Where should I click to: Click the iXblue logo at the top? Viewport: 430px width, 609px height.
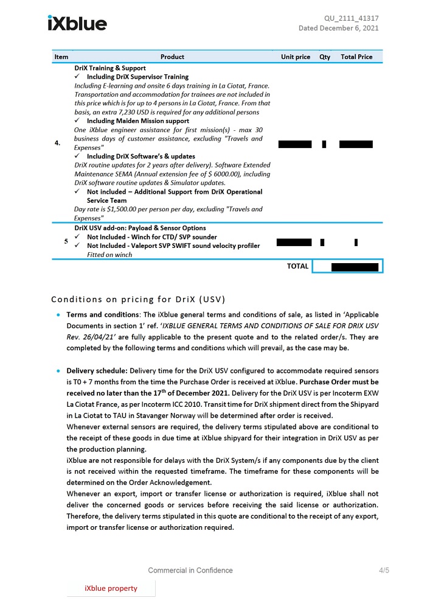click(x=77, y=23)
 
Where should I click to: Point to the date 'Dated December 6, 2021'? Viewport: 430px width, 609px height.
click(x=338, y=28)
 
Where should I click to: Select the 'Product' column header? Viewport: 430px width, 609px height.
click(x=172, y=57)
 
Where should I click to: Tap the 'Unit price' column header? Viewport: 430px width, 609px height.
click(x=296, y=57)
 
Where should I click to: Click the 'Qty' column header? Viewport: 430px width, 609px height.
click(x=325, y=57)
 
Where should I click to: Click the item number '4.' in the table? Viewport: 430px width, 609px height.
click(x=58, y=143)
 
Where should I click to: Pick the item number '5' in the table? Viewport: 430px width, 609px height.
click(x=66, y=241)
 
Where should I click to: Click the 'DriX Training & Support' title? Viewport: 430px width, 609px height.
click(x=110, y=68)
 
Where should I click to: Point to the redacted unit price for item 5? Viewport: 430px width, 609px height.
click(x=294, y=242)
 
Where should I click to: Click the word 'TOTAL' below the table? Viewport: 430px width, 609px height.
click(x=297, y=266)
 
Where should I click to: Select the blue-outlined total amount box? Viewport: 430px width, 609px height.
click(x=347, y=267)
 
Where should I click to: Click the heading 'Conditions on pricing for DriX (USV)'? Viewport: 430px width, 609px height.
click(x=138, y=299)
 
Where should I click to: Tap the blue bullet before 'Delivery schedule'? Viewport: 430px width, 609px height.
click(x=58, y=370)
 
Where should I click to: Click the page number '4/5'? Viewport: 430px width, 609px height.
click(x=384, y=571)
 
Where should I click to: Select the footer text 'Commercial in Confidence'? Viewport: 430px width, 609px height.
click(x=190, y=571)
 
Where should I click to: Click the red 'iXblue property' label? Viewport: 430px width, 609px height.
click(x=111, y=588)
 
